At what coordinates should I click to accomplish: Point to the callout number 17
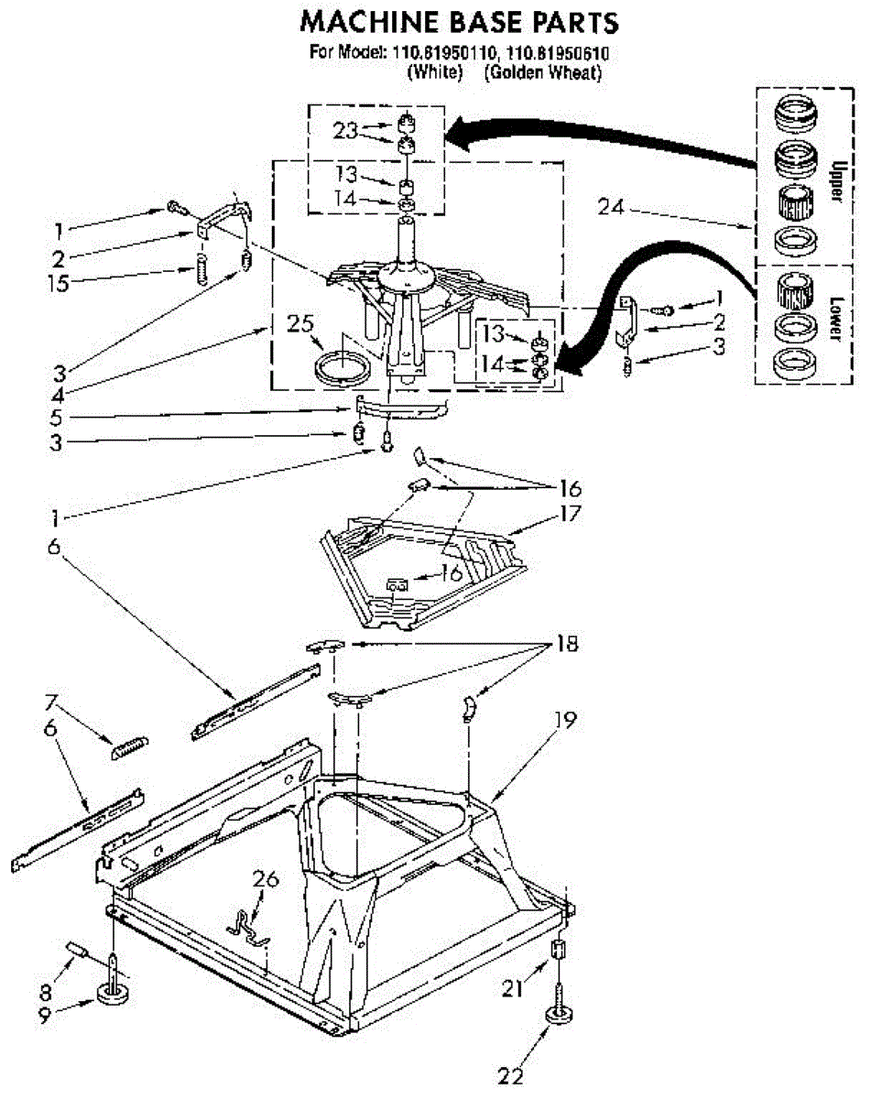point(570,515)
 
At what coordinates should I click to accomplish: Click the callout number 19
point(566,721)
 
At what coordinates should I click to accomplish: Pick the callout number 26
point(266,880)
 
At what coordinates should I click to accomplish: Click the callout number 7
point(51,703)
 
